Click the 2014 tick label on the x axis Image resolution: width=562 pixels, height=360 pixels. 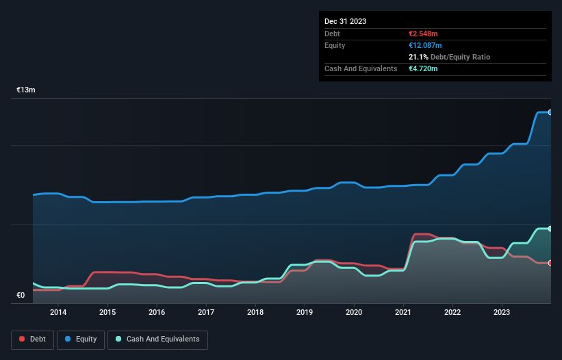58,312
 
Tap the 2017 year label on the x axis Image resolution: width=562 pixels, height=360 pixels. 206,312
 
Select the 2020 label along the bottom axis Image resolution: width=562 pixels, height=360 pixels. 354,312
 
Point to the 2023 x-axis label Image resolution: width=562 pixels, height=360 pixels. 502,312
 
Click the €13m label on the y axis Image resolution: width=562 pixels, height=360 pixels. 26,90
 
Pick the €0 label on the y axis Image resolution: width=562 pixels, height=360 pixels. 21,296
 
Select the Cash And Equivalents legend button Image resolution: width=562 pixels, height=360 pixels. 157,339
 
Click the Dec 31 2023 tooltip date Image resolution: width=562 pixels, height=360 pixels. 345,21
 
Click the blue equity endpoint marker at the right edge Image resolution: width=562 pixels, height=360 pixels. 550,112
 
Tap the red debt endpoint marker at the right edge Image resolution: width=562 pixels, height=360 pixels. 550,263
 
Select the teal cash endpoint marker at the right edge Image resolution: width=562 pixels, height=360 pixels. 550,229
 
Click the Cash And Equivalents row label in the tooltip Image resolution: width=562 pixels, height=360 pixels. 361,68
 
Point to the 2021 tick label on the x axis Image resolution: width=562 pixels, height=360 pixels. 403,312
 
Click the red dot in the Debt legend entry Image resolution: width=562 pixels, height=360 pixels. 22,339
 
